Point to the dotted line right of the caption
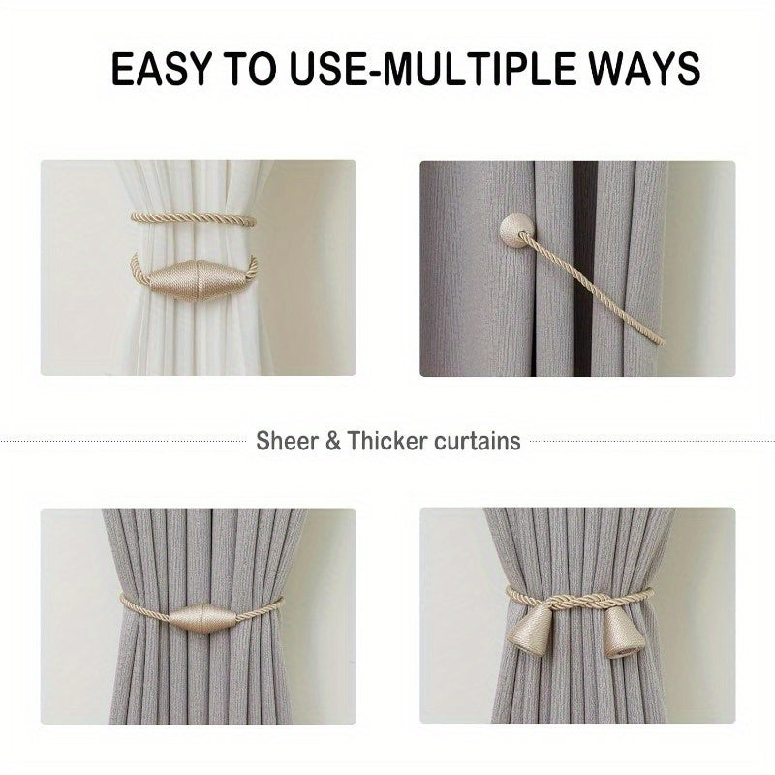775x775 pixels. tap(649, 442)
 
